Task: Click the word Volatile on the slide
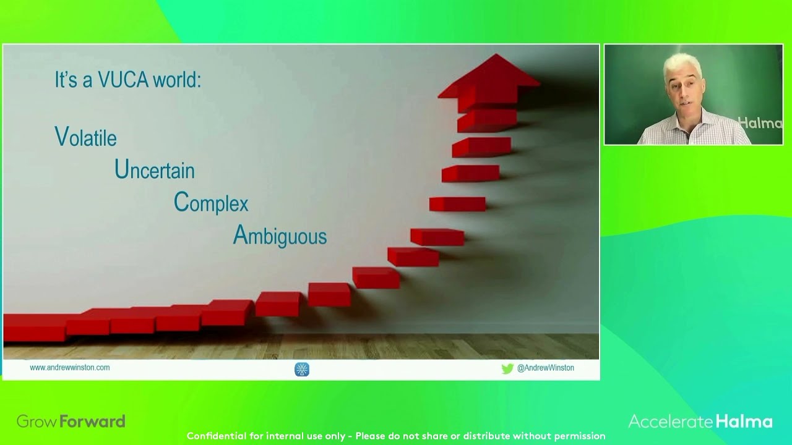coord(85,137)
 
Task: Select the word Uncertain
coord(154,170)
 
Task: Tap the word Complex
coord(210,203)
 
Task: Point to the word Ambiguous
coord(279,236)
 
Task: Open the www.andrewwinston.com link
coord(70,367)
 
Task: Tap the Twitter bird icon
coord(507,368)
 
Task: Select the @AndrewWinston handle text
coord(545,368)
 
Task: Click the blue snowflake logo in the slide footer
coord(302,369)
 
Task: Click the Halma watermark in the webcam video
coord(760,123)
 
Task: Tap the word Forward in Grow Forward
coord(93,422)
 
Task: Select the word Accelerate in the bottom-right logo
coord(671,422)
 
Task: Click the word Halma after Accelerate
coord(744,422)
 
